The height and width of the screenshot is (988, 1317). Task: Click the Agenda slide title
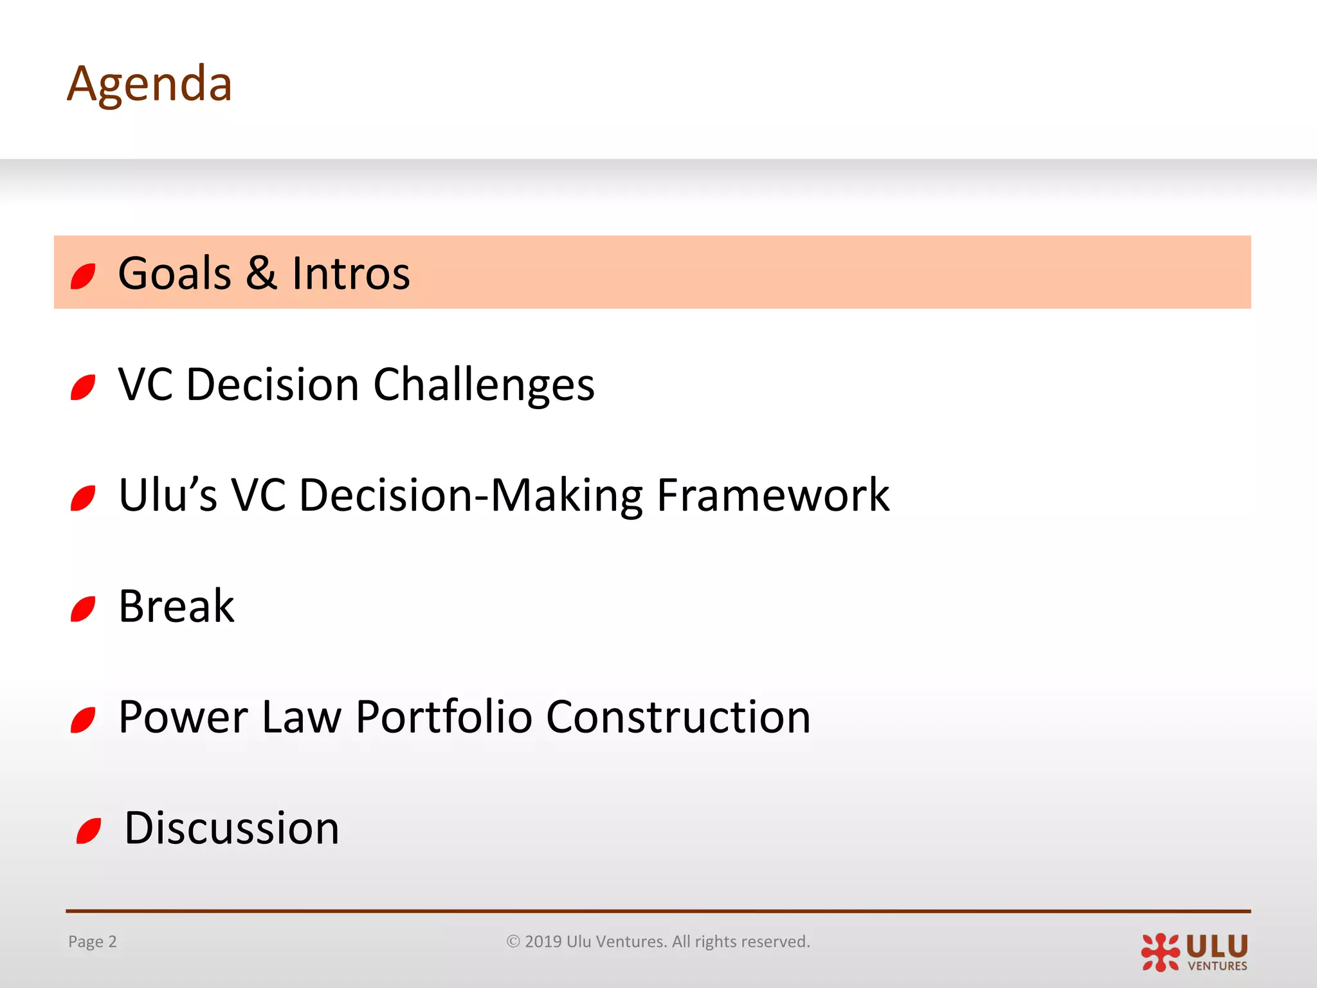pyautogui.click(x=149, y=84)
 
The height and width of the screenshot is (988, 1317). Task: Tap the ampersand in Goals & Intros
pyautogui.click(x=261, y=273)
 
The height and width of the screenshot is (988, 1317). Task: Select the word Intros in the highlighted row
pyautogui.click(x=350, y=273)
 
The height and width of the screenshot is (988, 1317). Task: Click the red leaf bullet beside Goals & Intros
pyautogui.click(x=83, y=277)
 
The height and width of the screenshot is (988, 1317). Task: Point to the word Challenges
pyautogui.click(x=484, y=385)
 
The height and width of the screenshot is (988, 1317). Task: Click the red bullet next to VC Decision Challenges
pyautogui.click(x=83, y=387)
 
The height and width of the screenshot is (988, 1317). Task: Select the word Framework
pyautogui.click(x=772, y=495)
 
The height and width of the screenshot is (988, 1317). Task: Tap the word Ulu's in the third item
pyautogui.click(x=168, y=495)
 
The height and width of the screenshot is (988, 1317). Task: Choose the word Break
pyautogui.click(x=177, y=607)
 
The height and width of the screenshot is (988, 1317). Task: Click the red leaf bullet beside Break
pyautogui.click(x=83, y=609)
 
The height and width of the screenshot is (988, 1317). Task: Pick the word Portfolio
pyautogui.click(x=444, y=717)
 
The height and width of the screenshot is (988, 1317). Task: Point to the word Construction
pyautogui.click(x=678, y=717)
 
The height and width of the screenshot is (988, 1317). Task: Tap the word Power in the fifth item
pyautogui.click(x=183, y=717)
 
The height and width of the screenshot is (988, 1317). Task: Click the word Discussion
pyautogui.click(x=232, y=828)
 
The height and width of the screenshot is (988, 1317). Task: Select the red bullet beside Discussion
pyautogui.click(x=89, y=831)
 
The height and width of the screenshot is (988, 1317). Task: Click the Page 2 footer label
pyautogui.click(x=93, y=942)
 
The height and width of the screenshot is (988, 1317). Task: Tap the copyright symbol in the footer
pyautogui.click(x=513, y=942)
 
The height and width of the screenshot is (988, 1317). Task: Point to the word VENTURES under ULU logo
pyautogui.click(x=1217, y=966)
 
